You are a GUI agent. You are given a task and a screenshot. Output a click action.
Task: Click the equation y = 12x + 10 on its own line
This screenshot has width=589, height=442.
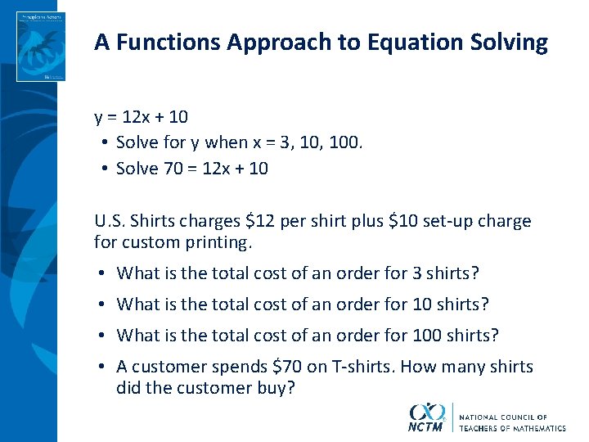pyautogui.click(x=141, y=117)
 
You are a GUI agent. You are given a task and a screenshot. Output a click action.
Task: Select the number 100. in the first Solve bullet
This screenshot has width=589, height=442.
pyautogui.click(x=344, y=142)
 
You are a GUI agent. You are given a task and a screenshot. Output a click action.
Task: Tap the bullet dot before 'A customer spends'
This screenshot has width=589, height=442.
pyautogui.click(x=101, y=368)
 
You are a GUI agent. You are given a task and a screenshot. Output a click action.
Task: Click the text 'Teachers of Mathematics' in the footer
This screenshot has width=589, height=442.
pyautogui.click(x=512, y=428)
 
